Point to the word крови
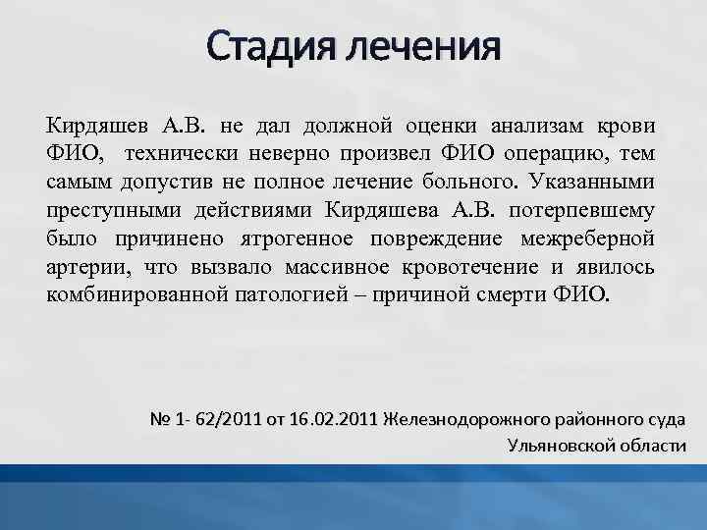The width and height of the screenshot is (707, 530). coord(632,126)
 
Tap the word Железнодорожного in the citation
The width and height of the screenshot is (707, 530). coord(459,420)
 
